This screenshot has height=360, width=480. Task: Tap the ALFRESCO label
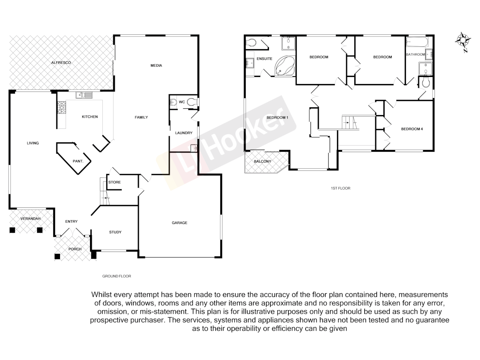(x=61, y=63)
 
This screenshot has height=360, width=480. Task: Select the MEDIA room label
(x=156, y=66)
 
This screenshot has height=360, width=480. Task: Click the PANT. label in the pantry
(x=78, y=161)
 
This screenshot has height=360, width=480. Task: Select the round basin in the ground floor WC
(x=173, y=102)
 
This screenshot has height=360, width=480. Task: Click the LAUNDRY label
(x=184, y=133)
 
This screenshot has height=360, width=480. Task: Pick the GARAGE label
(x=179, y=223)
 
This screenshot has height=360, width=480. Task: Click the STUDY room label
(x=115, y=232)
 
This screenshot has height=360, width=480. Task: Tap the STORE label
(x=114, y=182)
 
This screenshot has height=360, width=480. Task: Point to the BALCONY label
(x=262, y=161)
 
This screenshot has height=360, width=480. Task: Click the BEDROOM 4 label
(x=412, y=129)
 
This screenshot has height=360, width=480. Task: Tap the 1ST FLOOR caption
(x=340, y=188)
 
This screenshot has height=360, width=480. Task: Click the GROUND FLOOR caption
(x=116, y=276)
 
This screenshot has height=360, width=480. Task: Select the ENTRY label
(x=71, y=222)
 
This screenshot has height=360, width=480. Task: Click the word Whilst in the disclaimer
(x=101, y=295)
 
